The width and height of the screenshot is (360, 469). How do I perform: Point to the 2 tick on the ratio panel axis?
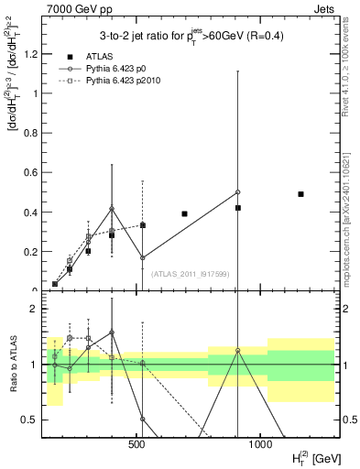pyautogui.click(x=34, y=309)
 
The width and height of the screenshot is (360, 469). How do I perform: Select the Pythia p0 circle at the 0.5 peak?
pyautogui.click(x=237, y=192)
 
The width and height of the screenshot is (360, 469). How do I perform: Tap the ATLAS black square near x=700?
pyautogui.click(x=184, y=213)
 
